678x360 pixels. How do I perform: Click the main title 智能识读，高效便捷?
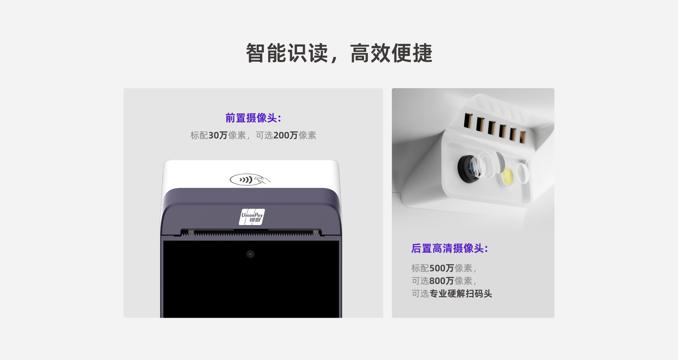pyautogui.click(x=339, y=53)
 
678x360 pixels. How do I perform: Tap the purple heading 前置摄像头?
pyautogui.click(x=253, y=118)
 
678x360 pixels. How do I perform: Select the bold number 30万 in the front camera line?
pyautogui.click(x=218, y=135)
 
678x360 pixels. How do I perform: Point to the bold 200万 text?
pyautogui.click(x=286, y=135)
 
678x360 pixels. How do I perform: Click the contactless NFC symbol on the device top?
pyautogui.click(x=250, y=179)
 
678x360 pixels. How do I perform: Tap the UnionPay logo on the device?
pyautogui.click(x=252, y=217)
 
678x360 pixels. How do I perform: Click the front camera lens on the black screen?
pyautogui.click(x=250, y=254)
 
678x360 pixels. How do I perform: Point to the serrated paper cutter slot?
pyautogui.click(x=251, y=233)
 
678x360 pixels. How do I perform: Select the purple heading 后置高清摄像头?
pyautogui.click(x=450, y=248)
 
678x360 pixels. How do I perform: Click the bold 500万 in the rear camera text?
pyautogui.click(x=442, y=268)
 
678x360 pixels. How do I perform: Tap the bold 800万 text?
pyautogui.click(x=442, y=281)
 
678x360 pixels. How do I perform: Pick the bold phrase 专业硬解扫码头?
pyautogui.click(x=461, y=294)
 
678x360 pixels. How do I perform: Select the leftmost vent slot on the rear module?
pyautogui.click(x=468, y=121)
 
